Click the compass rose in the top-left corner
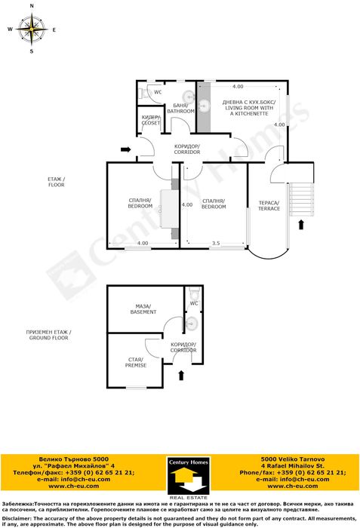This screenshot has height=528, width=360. (x=32, y=29)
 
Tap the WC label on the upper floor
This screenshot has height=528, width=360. (x=158, y=92)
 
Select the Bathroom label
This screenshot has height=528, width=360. (x=180, y=108)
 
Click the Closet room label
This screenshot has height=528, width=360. (x=151, y=121)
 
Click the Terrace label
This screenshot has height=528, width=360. (x=269, y=205)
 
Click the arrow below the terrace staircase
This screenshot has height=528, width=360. (x=303, y=224)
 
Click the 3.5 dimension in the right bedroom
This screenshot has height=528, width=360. (x=216, y=243)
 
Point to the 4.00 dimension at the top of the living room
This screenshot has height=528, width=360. (x=238, y=86)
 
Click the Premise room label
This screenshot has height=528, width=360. (x=136, y=362)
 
